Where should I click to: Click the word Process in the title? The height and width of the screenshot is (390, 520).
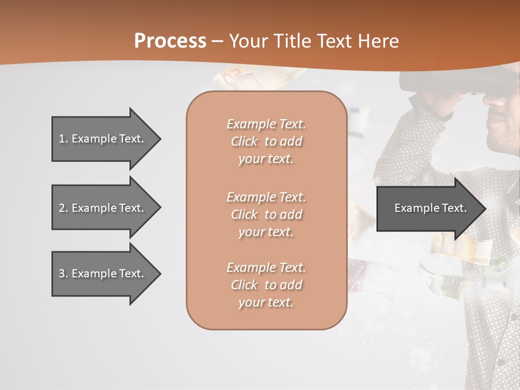170,41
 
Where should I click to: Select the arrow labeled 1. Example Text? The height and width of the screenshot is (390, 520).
103,139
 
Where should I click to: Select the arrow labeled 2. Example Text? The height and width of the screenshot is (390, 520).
103,207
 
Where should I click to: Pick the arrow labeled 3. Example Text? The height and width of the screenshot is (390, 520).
103,274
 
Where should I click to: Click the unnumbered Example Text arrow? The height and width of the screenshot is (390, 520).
428,208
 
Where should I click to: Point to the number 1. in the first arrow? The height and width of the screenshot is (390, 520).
63,139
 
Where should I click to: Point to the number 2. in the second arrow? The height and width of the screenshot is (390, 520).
63,207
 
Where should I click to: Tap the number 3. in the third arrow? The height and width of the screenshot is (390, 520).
63,274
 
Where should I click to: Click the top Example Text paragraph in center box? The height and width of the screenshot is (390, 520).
266,141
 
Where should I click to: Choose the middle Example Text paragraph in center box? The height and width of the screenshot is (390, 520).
266,214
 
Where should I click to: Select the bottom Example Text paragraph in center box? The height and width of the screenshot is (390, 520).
266,285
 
